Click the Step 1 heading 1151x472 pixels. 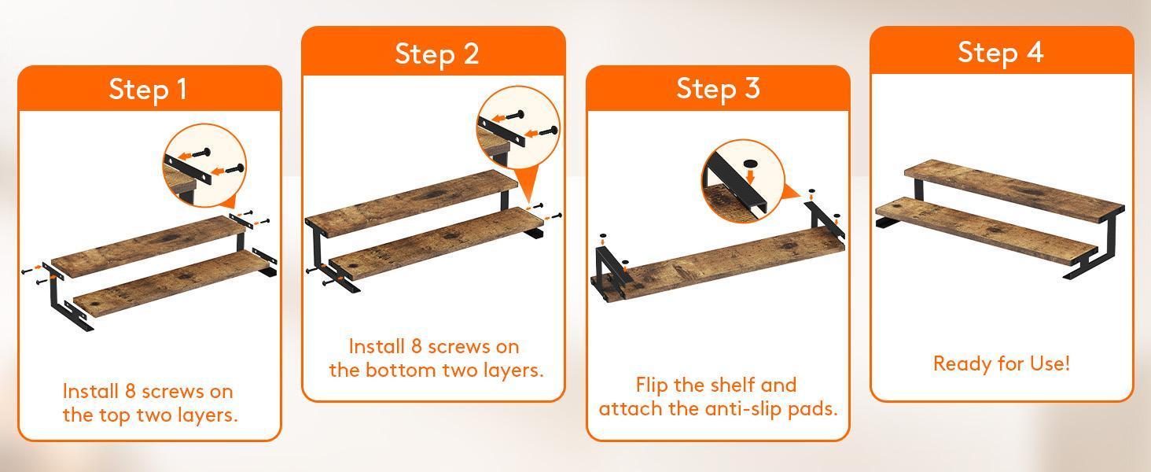tap(148, 89)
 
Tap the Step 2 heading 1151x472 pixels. tap(437, 54)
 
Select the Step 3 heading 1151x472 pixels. tap(718, 88)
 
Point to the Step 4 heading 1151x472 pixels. tap(1001, 52)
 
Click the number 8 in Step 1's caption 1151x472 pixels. tap(130, 391)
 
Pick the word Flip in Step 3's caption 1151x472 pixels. tap(652, 385)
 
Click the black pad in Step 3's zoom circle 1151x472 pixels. tap(751, 163)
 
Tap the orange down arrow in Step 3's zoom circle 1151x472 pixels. tap(751, 177)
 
